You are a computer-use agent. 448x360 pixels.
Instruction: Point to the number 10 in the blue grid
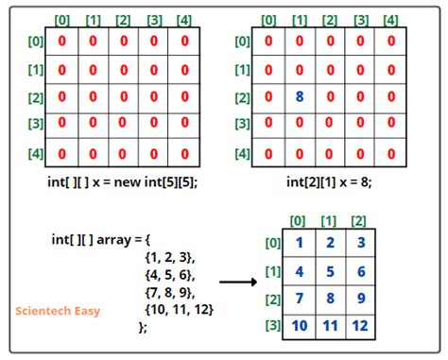(299, 327)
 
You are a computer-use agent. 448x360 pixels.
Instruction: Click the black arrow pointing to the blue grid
(240, 281)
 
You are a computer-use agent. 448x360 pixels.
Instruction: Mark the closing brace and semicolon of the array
(143, 327)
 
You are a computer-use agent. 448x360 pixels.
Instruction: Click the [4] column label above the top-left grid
(184, 20)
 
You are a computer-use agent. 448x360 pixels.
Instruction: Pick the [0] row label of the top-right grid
(242, 41)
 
